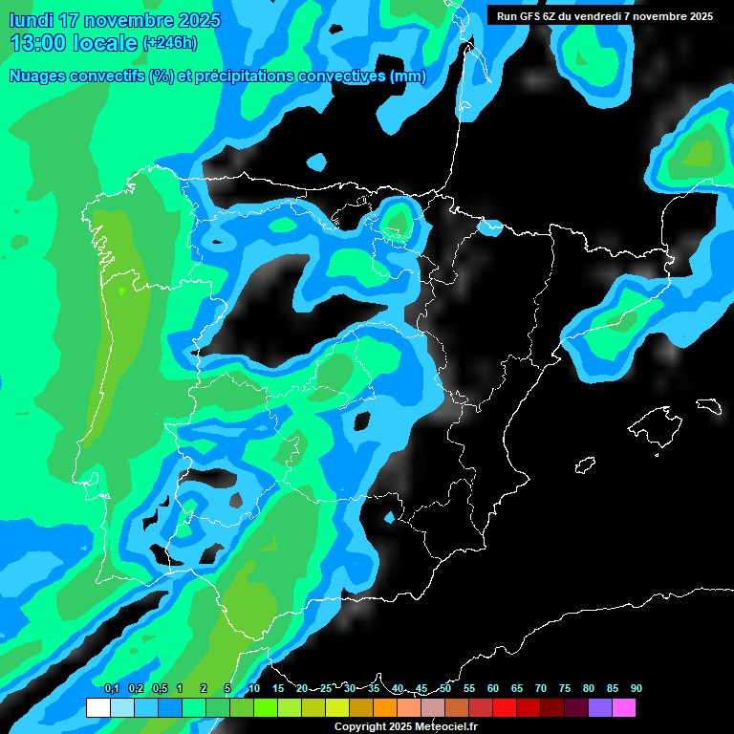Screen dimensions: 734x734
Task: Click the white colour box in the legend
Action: pyautogui.click(x=97, y=708)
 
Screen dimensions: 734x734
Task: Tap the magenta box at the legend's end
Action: pyautogui.click(x=624, y=708)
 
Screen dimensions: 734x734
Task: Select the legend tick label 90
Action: pyautogui.click(x=636, y=688)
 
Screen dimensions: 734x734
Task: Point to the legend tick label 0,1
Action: pyautogui.click(x=112, y=688)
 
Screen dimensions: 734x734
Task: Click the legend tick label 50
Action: pyautogui.click(x=445, y=688)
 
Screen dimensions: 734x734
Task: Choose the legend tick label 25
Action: pyautogui.click(x=325, y=688)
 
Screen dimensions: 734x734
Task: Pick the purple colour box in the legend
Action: pyautogui.click(x=600, y=708)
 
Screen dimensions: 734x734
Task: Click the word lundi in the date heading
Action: pyautogui.click(x=31, y=20)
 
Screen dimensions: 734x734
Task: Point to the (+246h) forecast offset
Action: pyautogui.click(x=169, y=43)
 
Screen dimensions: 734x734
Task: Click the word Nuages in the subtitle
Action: pyautogui.click(x=36, y=76)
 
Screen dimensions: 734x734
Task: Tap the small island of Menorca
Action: pyautogui.click(x=708, y=405)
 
